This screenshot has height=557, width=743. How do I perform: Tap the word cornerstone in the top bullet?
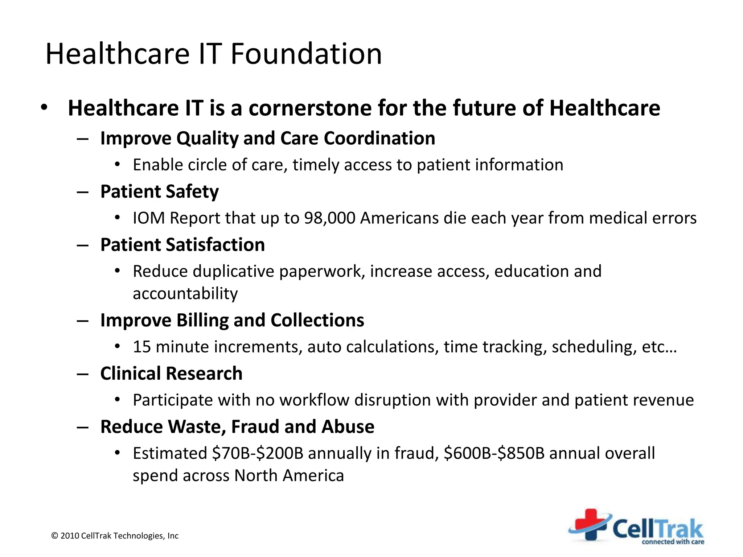(x=310, y=108)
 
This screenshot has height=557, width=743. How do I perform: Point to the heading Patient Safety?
(x=159, y=191)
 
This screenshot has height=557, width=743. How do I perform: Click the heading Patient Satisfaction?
(x=182, y=245)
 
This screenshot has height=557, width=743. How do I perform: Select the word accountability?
(x=185, y=293)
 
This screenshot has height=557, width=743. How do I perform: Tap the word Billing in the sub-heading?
(x=202, y=320)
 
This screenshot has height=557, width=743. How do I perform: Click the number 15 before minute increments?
(x=141, y=347)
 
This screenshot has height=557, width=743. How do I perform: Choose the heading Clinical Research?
(x=171, y=374)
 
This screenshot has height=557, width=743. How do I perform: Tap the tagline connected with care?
(x=673, y=542)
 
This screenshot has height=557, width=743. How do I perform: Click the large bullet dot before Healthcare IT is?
(x=44, y=108)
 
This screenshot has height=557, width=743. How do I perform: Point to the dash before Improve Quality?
(x=83, y=139)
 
